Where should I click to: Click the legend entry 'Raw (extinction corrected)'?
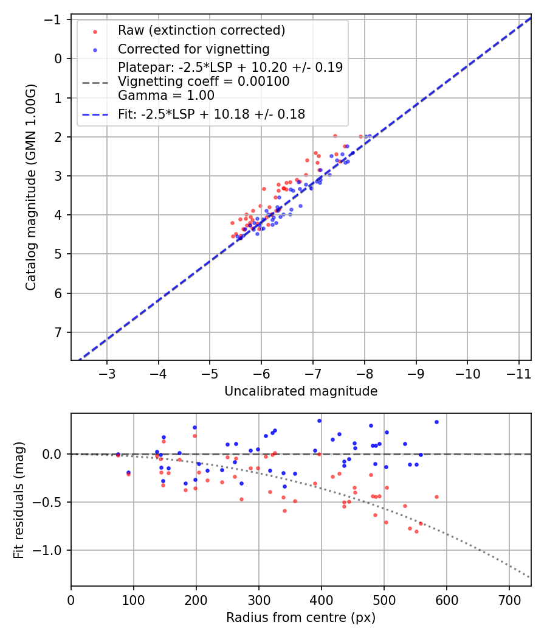201,30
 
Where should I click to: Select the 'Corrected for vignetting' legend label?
193,49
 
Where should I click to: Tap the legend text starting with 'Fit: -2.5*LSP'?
211,114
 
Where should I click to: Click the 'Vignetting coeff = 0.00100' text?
204,82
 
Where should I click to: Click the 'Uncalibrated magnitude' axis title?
301,391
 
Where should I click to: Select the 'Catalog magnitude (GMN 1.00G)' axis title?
31,187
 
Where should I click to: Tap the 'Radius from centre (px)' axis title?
301,618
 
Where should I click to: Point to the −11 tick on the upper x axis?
518,372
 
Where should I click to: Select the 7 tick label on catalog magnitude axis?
59,332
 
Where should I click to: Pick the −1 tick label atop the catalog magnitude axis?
55,19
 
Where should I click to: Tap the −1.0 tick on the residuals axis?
50,550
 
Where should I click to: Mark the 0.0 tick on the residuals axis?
53,454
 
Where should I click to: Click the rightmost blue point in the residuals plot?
436,422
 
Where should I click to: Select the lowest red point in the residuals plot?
416,531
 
